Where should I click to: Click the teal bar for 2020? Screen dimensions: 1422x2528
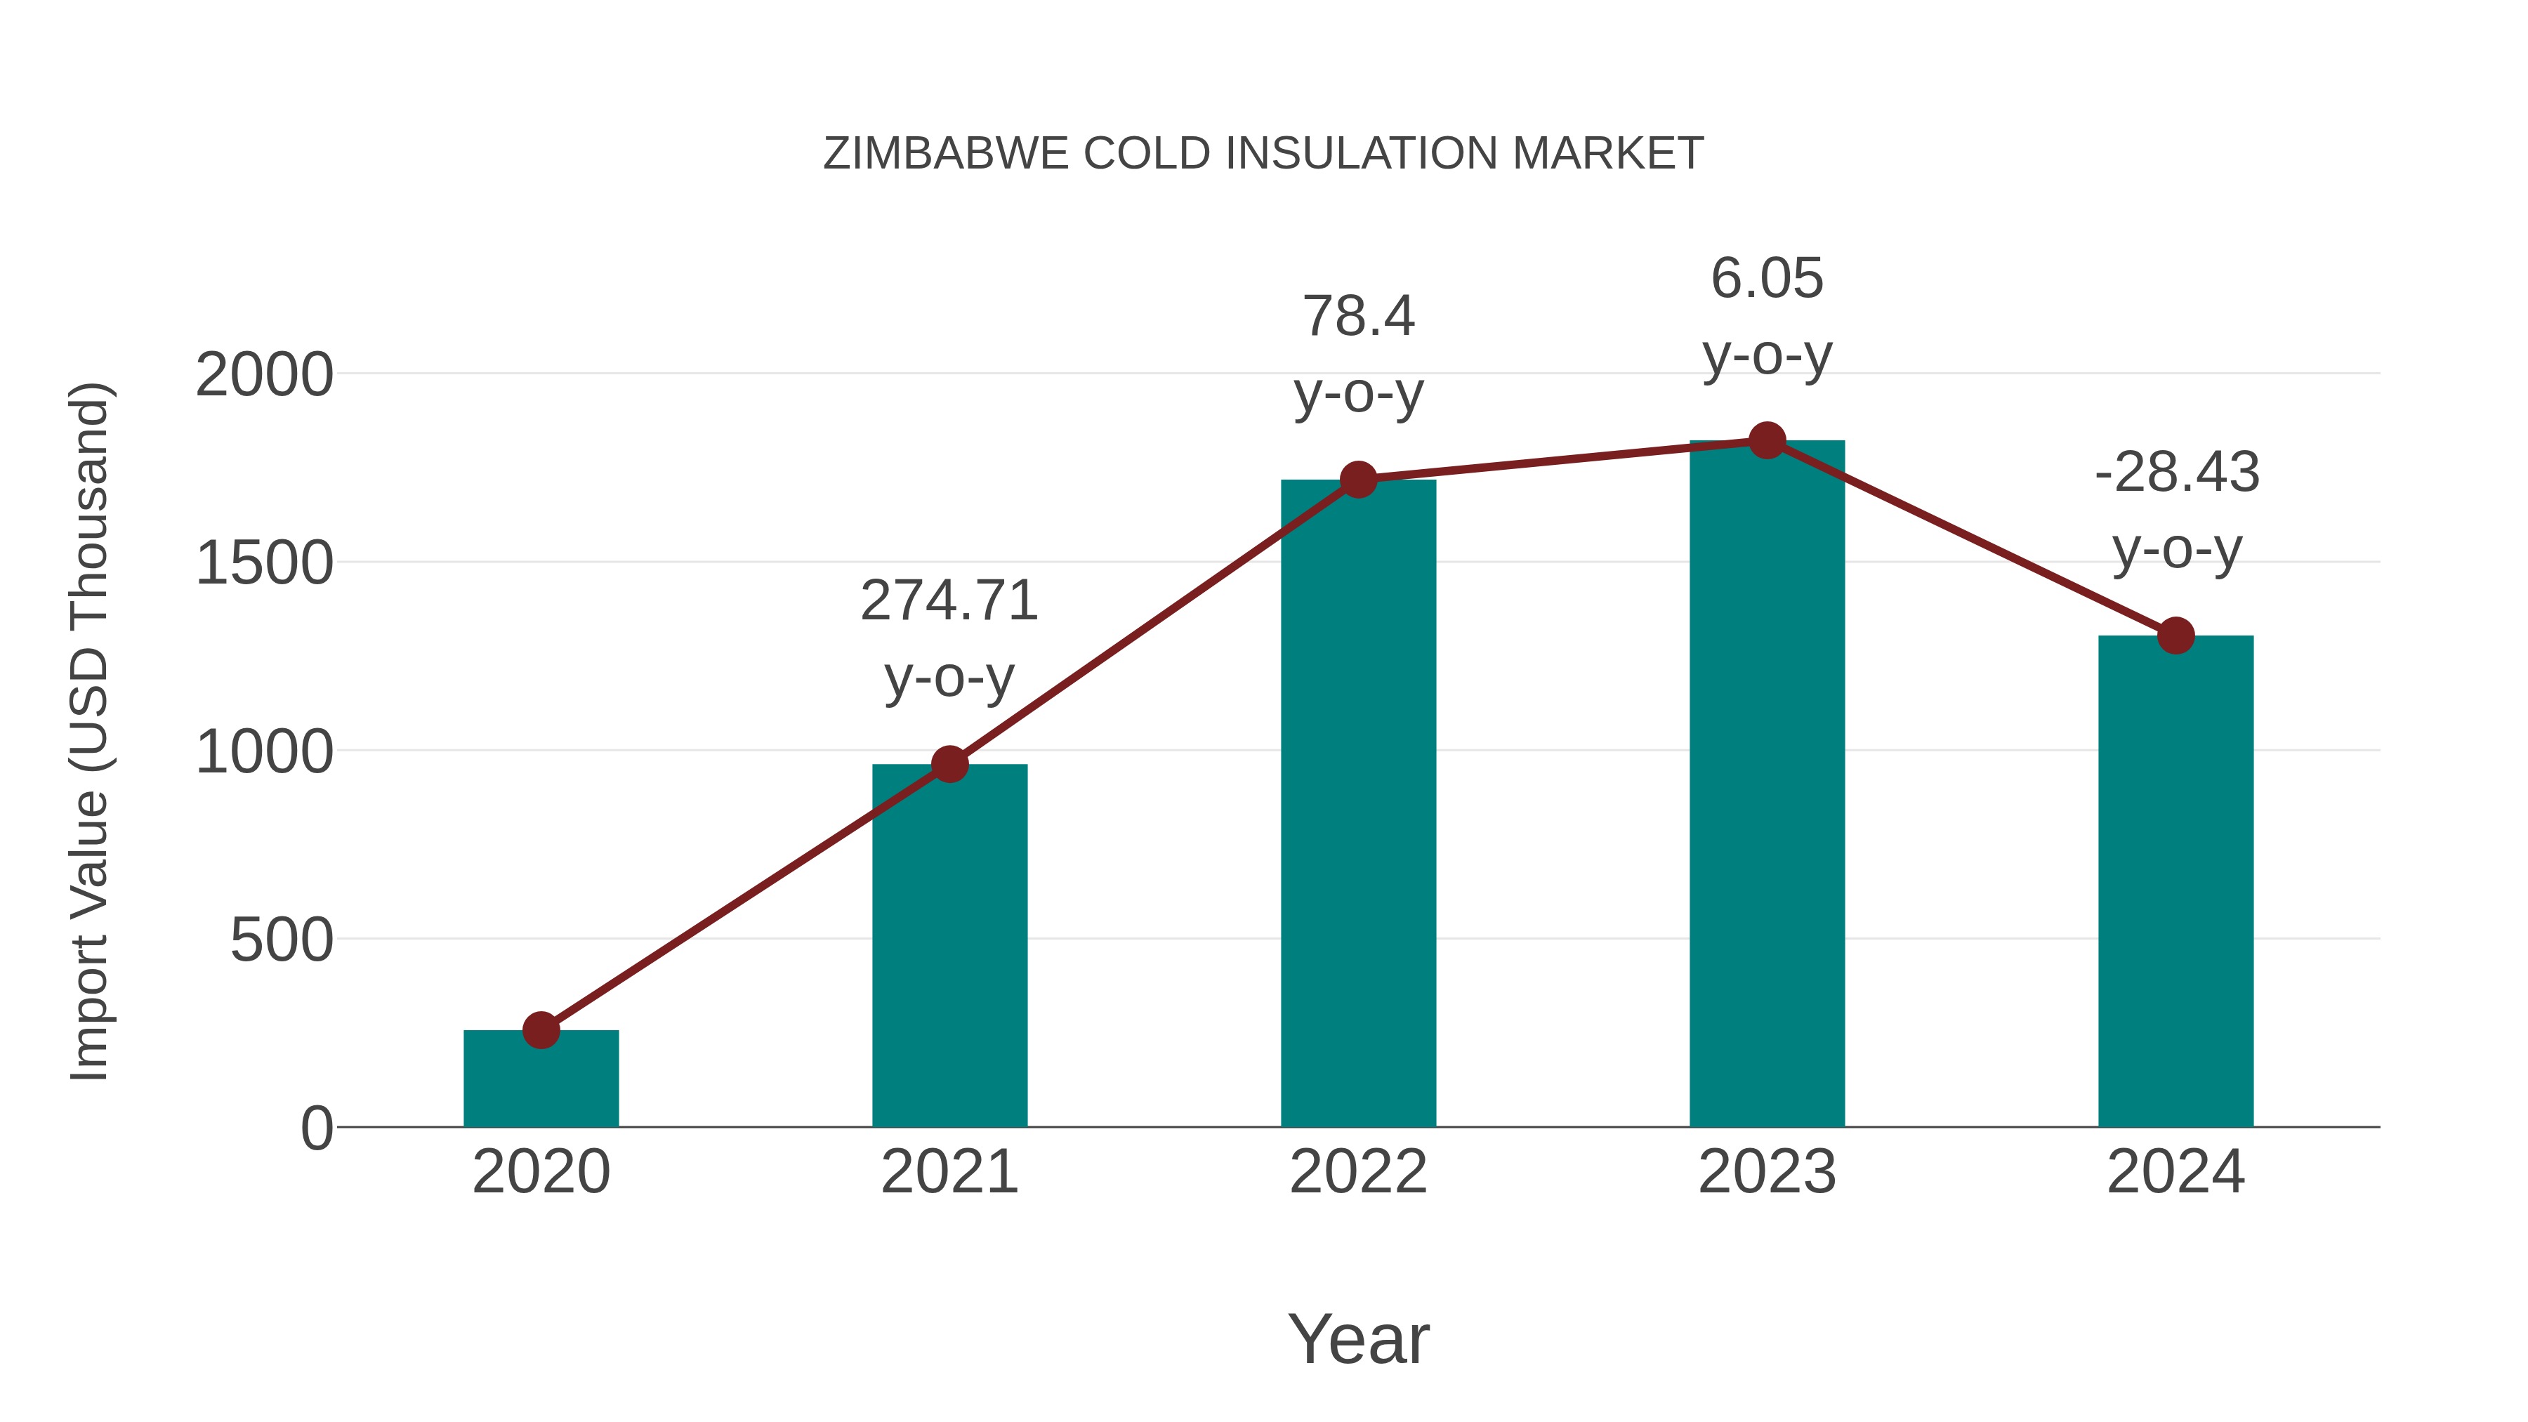click(541, 1079)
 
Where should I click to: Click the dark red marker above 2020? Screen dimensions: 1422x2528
click(541, 1030)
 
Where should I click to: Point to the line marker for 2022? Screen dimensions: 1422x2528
click(1358, 480)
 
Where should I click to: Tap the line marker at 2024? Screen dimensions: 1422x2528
click(2175, 636)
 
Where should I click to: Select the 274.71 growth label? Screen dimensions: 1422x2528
click(949, 600)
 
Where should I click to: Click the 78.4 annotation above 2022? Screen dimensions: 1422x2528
click(1358, 316)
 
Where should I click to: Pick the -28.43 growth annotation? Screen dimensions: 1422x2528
click(2175, 472)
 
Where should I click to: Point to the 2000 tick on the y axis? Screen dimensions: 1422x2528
click(264, 375)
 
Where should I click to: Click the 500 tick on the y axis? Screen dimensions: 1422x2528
click(282, 940)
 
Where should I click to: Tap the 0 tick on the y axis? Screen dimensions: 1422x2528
click(317, 1128)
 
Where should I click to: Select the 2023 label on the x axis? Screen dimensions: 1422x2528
click(1767, 1172)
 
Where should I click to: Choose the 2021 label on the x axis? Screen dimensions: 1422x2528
click(949, 1172)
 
